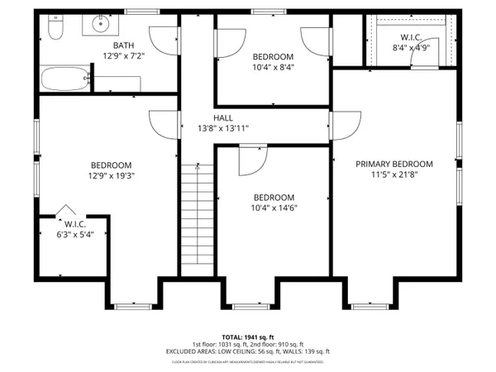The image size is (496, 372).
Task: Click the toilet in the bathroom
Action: coord(55,31)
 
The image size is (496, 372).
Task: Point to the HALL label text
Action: coord(224,118)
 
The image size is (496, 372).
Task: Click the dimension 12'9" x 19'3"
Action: coord(111,175)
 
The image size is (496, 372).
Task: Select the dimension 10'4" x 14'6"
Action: coord(274,208)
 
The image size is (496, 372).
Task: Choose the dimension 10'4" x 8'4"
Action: coord(273,67)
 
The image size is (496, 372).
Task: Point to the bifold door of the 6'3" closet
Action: coord(65,208)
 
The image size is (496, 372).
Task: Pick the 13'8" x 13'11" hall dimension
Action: coord(224,128)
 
